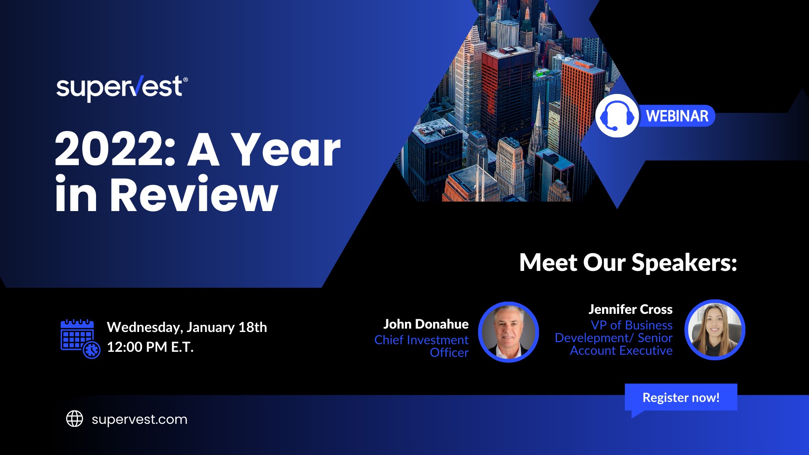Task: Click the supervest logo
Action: pyautogui.click(x=119, y=88)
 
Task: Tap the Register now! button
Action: pyautogui.click(x=680, y=397)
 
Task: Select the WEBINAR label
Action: pyautogui.click(x=677, y=116)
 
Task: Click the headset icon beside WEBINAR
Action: pyautogui.click(x=616, y=116)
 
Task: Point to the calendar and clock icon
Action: pyautogui.click(x=80, y=338)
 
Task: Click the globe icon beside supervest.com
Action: pyautogui.click(x=75, y=419)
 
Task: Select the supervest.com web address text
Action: pyautogui.click(x=139, y=419)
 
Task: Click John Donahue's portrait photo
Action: pyautogui.click(x=509, y=332)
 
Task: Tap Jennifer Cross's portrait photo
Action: pyautogui.click(x=715, y=330)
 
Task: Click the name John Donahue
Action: pyautogui.click(x=426, y=324)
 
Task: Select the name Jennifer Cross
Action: pyautogui.click(x=630, y=309)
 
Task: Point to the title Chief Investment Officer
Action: pyautogui.click(x=421, y=346)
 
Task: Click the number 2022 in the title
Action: pyautogui.click(x=112, y=150)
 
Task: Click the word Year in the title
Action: pyautogui.click(x=287, y=150)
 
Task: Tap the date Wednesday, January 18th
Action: pyautogui.click(x=187, y=327)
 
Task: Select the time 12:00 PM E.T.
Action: pyautogui.click(x=150, y=347)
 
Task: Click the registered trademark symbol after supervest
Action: pyautogui.click(x=185, y=79)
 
